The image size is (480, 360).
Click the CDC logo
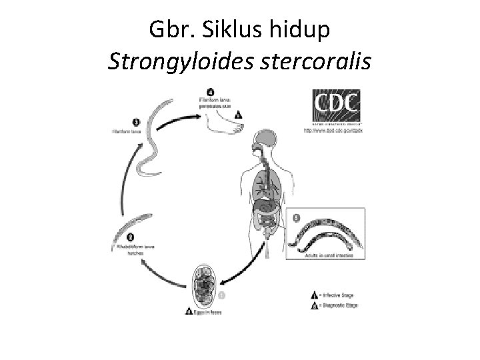336,105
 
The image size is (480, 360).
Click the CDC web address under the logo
333,131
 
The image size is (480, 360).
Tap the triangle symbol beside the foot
239,115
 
